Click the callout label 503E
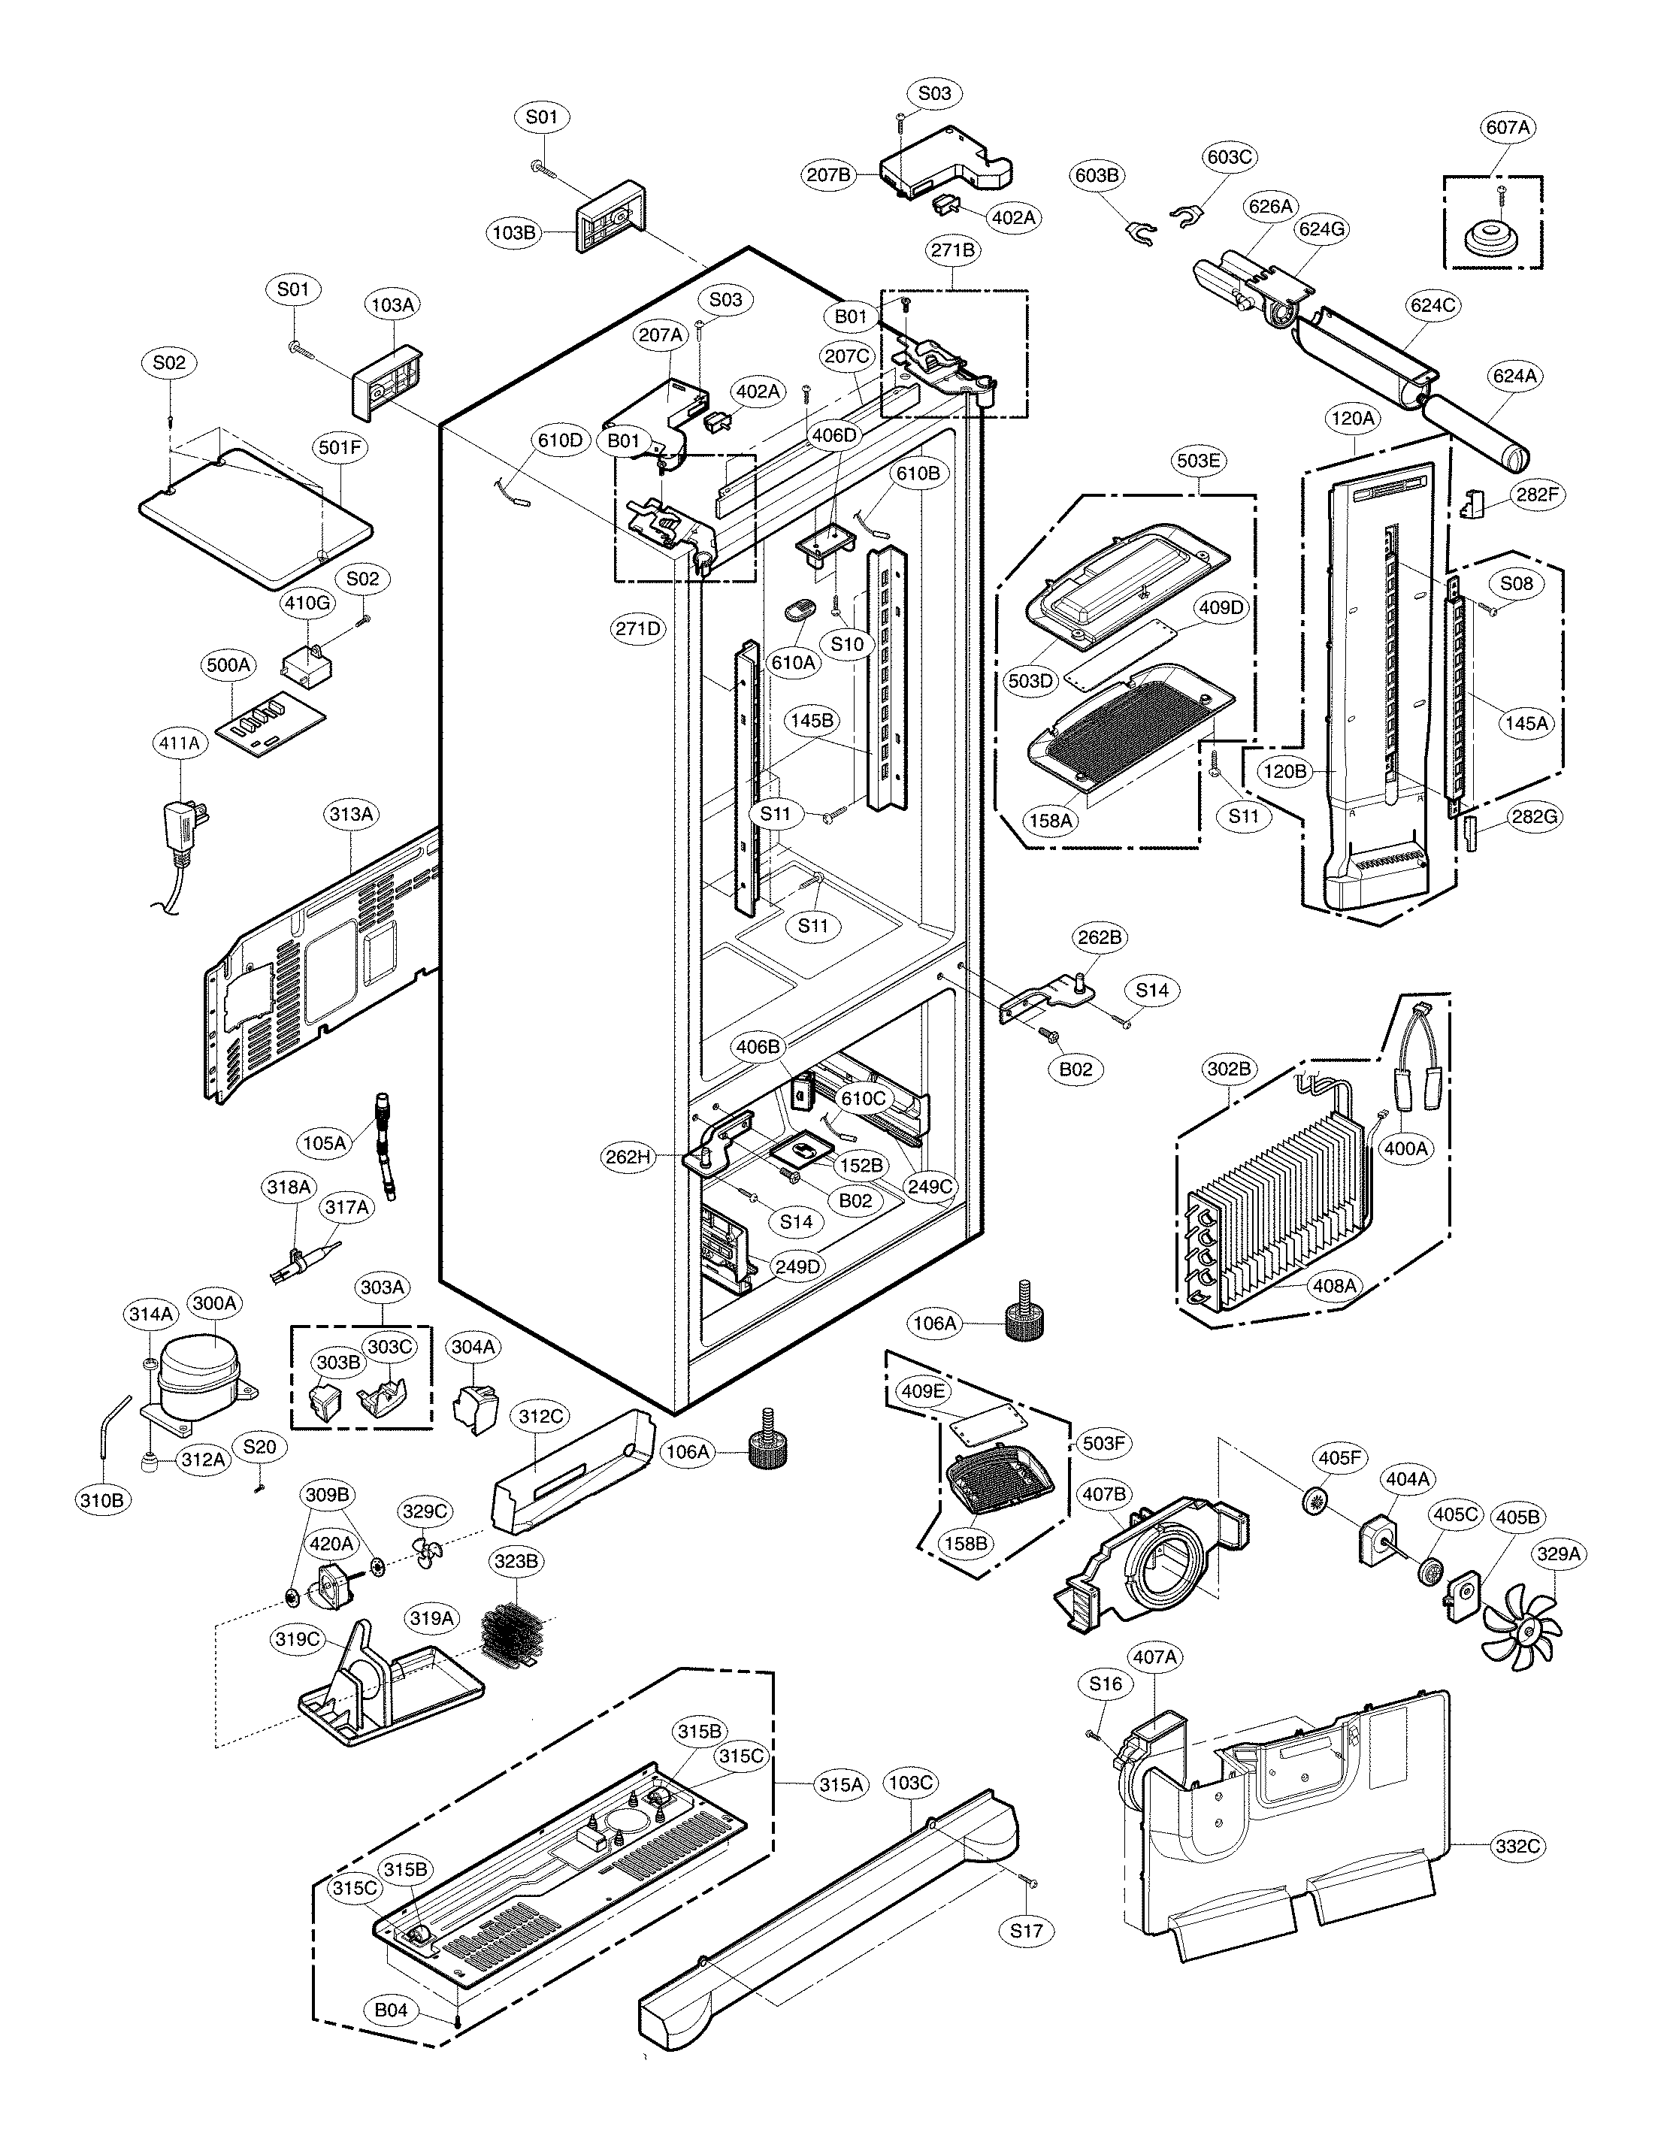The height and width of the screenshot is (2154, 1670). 1199,461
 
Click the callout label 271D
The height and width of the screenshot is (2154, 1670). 638,628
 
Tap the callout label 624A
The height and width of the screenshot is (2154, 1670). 1515,376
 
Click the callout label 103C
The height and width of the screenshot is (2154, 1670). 909,1783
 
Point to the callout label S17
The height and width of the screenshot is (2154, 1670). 1026,1930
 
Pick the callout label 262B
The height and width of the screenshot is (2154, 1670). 1100,938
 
